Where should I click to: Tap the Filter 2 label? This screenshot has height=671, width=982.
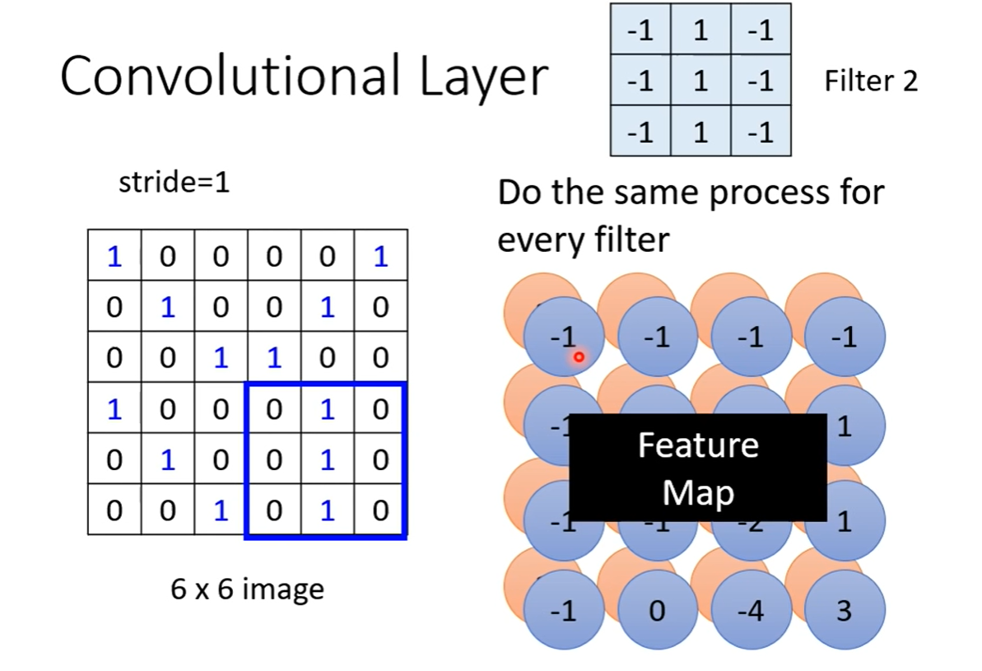tap(870, 81)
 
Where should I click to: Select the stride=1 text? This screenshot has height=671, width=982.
tap(174, 183)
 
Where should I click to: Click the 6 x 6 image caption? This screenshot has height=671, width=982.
tap(247, 589)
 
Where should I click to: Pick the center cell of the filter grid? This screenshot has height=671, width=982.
tap(700, 81)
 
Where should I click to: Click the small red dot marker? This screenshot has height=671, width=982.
tap(579, 357)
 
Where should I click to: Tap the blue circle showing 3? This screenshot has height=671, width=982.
tap(845, 611)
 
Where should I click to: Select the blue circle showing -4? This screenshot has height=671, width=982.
tap(751, 611)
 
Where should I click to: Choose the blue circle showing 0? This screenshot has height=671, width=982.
tap(657, 611)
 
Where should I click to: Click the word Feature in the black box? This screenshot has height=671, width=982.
tap(698, 445)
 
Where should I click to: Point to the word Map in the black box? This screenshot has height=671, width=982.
tap(698, 492)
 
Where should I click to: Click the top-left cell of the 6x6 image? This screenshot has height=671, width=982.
tap(114, 257)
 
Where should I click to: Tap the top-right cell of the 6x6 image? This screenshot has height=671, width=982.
tap(380, 257)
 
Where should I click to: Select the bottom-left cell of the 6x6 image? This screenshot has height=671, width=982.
tap(114, 510)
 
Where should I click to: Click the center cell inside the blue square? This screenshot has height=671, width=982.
tap(328, 459)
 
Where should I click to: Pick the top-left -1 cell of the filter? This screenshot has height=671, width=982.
tap(640, 30)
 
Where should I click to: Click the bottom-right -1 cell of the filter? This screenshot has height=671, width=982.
tap(761, 132)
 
